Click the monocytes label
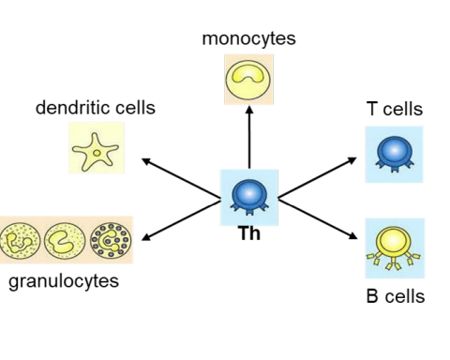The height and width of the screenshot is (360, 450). [248, 38]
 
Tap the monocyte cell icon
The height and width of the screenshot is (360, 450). [249, 80]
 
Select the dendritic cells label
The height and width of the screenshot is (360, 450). [96, 108]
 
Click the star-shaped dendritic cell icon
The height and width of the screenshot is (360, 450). [96, 148]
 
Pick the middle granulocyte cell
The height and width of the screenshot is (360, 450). [65, 240]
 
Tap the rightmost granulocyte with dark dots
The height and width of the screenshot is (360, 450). [111, 240]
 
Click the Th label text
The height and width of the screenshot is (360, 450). [249, 234]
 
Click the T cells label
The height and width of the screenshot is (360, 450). [395, 110]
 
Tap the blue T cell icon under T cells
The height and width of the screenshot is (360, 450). [394, 154]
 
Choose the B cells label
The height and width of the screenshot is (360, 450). [395, 297]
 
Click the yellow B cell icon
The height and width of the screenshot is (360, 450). [394, 247]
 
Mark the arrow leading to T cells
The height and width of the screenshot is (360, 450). [319, 177]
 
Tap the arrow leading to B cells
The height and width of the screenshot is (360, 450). [319, 218]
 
